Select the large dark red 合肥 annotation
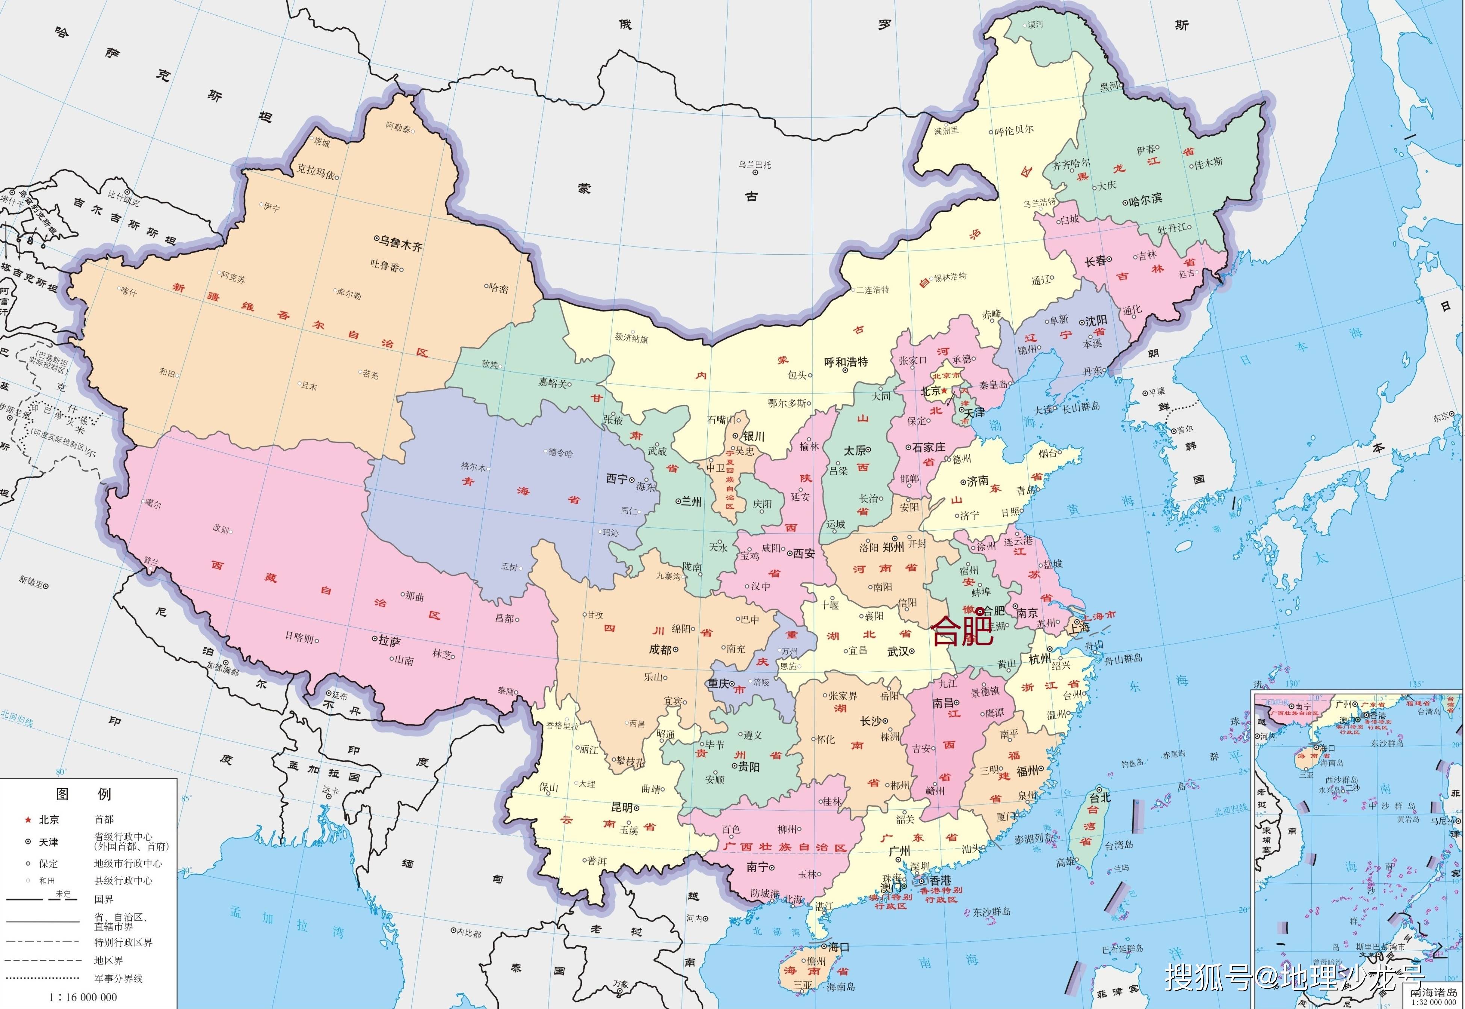click(x=962, y=631)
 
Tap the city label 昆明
click(x=622, y=807)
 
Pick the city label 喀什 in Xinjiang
click(x=128, y=291)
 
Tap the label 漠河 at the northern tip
click(x=1035, y=25)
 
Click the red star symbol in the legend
click(x=28, y=820)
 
